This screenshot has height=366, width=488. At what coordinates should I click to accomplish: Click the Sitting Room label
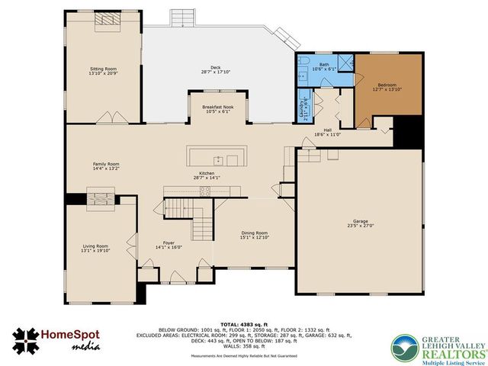pos(103,71)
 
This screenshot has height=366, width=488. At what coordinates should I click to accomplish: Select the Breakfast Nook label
pos(217,109)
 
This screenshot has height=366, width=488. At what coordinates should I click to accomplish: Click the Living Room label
pos(95,249)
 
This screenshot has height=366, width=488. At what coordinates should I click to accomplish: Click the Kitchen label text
pos(207,175)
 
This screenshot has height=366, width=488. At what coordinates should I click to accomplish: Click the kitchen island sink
pos(217,159)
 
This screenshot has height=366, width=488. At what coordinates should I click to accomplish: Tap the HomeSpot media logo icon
pos(26,342)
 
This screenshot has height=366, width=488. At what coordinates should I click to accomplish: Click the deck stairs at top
pos(182,17)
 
